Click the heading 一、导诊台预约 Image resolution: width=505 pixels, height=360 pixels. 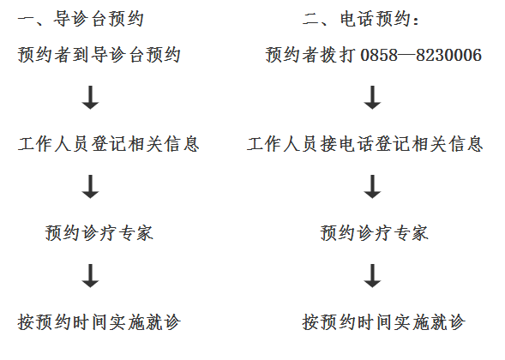[81, 19]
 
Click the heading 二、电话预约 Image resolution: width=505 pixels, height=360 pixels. [361, 19]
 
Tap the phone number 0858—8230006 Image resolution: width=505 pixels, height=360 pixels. [421, 55]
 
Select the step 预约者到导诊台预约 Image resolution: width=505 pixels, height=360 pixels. [99, 54]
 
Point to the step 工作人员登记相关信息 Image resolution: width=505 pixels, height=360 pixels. [109, 144]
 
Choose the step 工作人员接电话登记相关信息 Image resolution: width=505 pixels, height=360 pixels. [365, 144]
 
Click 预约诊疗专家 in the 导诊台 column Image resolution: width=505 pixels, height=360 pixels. [99, 233]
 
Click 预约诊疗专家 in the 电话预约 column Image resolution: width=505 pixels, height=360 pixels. [374, 233]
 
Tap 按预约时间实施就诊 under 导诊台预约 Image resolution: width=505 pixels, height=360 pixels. [99, 322]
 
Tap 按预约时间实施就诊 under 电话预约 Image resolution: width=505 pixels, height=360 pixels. [383, 322]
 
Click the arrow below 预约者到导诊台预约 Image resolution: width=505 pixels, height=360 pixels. [91, 98]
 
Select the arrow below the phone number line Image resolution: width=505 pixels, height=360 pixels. [373, 98]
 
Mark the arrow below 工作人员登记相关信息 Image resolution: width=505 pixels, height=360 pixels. [91, 187]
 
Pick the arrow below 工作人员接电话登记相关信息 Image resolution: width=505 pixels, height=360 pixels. [373, 187]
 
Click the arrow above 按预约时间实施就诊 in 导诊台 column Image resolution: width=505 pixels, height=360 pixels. [91, 276]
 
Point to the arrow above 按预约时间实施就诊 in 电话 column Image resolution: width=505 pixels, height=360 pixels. [373, 276]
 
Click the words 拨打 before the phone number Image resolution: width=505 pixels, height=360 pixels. [338, 54]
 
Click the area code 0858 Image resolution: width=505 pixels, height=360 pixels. [379, 55]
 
